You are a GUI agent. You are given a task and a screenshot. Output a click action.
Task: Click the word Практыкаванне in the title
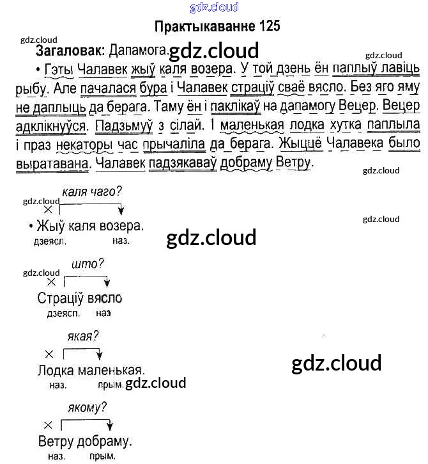click(205, 27)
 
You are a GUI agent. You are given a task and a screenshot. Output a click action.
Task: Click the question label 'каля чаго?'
click(91, 191)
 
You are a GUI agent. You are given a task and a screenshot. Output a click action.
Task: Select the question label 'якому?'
click(86, 406)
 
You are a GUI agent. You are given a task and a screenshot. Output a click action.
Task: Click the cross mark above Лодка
click(49, 353)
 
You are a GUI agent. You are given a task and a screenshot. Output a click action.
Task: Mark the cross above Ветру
click(47, 424)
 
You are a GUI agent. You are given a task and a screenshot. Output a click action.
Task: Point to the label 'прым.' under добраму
click(103, 456)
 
